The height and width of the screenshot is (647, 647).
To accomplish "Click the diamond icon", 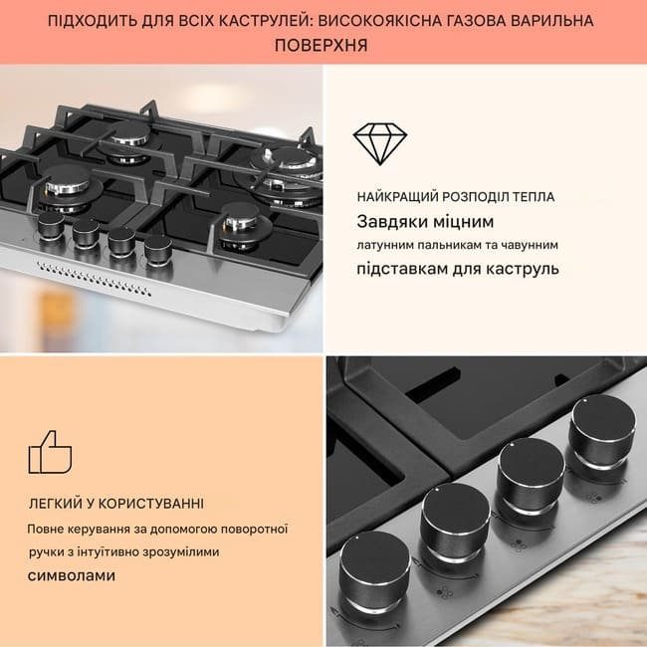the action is tap(380, 143).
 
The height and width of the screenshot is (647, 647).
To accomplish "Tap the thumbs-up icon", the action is tap(50, 452).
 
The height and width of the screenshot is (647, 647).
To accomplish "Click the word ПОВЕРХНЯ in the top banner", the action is tap(322, 45).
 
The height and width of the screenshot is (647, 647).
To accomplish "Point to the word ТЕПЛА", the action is tap(534, 197).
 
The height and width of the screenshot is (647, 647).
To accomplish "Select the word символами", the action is tap(72, 575).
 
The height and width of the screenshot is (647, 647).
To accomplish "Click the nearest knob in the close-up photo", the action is tap(374, 570).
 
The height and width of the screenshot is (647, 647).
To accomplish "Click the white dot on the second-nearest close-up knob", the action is tap(438, 490).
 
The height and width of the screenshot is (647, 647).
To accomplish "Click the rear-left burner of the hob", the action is tap(129, 139).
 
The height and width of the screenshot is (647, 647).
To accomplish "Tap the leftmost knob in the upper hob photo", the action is tap(51, 226).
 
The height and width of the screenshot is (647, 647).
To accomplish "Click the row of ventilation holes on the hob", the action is tap(94, 279).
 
